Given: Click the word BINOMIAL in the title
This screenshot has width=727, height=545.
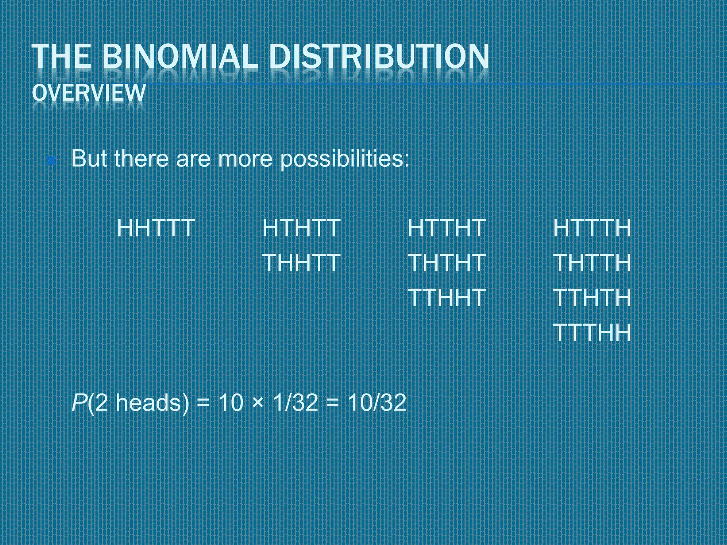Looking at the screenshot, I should [180, 56].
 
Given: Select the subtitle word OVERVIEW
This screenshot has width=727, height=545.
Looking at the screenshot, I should [89, 93].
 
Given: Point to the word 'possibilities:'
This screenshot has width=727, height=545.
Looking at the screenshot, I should [345, 159].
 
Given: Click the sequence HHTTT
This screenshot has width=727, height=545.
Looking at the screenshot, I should [156, 228].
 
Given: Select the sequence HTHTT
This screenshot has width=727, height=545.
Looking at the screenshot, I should [301, 228].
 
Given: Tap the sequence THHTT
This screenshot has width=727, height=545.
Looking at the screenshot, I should [301, 263].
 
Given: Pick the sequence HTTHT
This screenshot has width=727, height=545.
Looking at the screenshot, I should [447, 228].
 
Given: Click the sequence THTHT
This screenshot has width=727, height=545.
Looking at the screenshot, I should [447, 263].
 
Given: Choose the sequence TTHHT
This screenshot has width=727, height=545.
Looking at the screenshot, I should [447, 297].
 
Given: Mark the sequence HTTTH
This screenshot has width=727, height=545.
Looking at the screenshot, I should [592, 228].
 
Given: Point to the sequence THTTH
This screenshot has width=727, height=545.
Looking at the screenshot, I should [592, 263].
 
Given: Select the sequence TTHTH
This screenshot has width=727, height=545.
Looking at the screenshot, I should [592, 297].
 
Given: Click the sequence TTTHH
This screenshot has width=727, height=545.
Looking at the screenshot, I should [592, 332].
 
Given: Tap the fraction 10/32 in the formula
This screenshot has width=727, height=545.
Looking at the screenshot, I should [377, 403].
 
